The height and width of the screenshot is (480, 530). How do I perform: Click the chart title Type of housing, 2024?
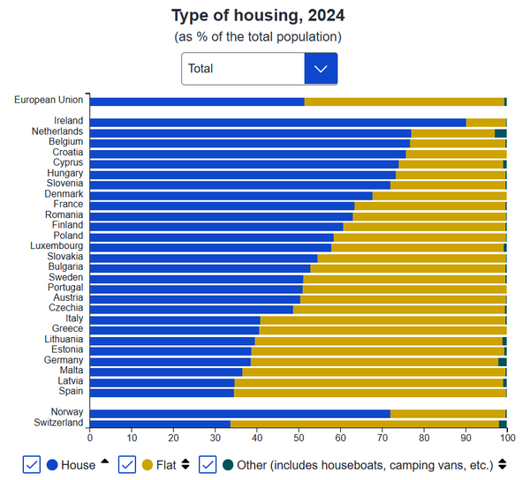(258, 16)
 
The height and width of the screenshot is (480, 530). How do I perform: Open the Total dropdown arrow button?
(321, 68)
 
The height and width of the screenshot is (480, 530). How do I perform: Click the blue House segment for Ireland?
(277, 122)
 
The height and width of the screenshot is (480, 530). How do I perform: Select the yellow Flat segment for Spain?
(370, 391)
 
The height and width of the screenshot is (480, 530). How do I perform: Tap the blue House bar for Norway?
(239, 413)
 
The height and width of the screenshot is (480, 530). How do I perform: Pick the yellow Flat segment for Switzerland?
(364, 424)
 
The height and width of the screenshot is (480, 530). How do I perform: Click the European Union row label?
(49, 100)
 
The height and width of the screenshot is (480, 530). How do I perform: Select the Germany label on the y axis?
(64, 360)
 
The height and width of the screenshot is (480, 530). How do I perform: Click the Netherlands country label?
(57, 131)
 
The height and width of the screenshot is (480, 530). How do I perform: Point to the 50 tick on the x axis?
(299, 437)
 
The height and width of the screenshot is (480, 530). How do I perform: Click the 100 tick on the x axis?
(507, 437)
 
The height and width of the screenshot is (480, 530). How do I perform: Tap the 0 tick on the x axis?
(90, 437)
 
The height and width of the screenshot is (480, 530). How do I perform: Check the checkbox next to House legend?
(31, 464)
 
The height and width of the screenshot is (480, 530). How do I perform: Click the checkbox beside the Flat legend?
(126, 464)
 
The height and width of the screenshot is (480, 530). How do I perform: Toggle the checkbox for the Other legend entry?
(208, 464)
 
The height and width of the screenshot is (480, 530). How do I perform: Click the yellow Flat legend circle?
(147, 464)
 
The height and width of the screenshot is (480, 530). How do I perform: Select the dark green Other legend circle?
(228, 464)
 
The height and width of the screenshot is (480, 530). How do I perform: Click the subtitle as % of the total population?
(258, 36)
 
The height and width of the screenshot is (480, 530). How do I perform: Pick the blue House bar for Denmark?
(231, 195)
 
